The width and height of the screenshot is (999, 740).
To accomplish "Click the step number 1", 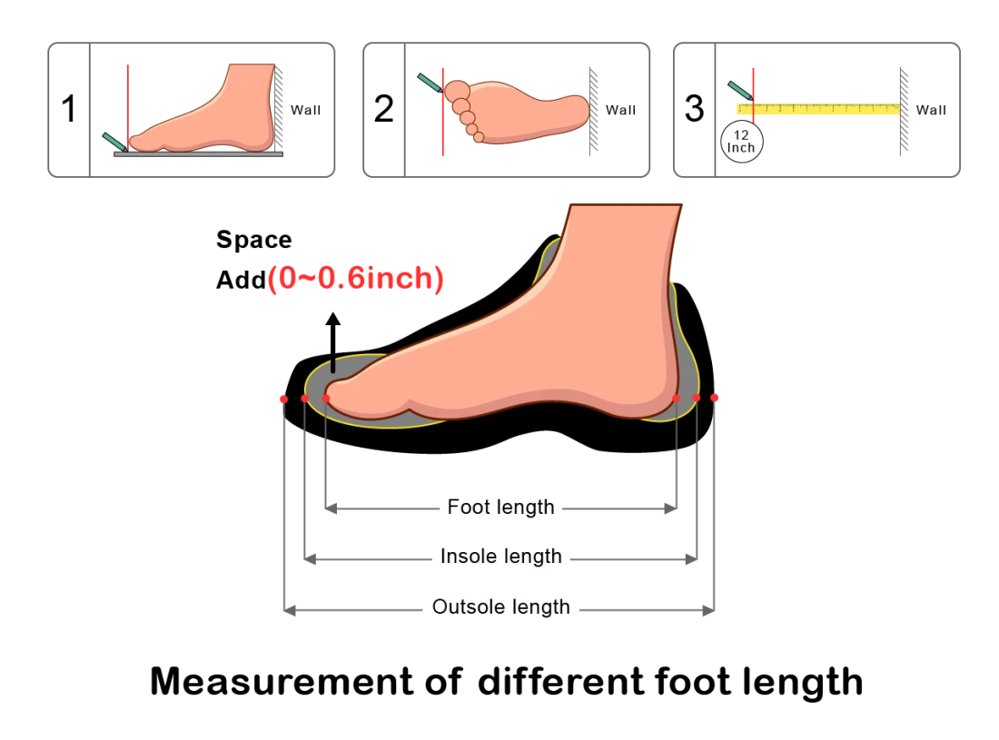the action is (69, 109).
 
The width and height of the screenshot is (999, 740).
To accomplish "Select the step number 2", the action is (383, 109).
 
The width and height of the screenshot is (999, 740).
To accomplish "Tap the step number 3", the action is (695, 109).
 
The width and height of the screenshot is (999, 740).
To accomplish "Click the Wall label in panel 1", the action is (306, 110).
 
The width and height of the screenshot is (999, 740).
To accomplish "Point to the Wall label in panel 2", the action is (621, 110).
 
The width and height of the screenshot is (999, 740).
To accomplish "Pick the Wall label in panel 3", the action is (932, 110).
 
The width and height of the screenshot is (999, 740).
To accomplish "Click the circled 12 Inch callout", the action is (741, 142).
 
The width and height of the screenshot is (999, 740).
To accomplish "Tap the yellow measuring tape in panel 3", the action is (818, 109).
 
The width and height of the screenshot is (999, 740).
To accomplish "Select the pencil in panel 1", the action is (114, 142).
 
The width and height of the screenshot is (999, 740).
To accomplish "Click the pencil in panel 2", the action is (430, 83).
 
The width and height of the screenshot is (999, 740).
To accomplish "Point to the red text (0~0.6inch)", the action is (355, 279).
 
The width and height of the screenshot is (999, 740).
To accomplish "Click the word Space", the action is (254, 240).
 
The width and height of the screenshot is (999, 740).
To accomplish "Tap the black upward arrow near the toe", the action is (332, 342).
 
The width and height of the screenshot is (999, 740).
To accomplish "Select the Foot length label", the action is (500, 508).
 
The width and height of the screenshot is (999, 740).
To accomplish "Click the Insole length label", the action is (501, 557).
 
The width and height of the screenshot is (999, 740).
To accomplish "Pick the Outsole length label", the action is (500, 607).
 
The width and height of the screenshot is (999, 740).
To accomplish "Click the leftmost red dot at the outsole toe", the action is (283, 400).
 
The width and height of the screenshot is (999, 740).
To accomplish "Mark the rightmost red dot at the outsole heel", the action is (714, 398).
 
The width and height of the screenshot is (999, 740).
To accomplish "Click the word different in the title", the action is (563, 681).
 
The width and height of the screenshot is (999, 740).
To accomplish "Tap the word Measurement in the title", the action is (282, 681).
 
